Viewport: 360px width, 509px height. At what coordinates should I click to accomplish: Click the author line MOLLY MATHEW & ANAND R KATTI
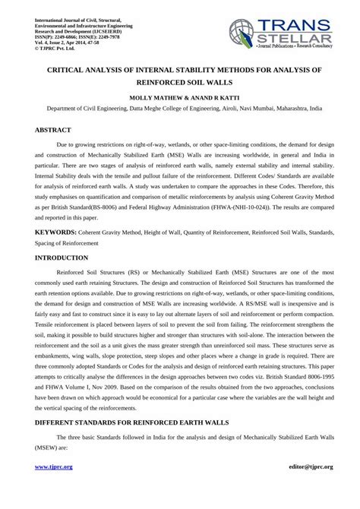pos(179,98)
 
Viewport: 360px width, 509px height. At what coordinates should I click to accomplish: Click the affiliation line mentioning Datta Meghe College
pos(179,109)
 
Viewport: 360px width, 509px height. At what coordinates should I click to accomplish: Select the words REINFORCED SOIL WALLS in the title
pos(179,83)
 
